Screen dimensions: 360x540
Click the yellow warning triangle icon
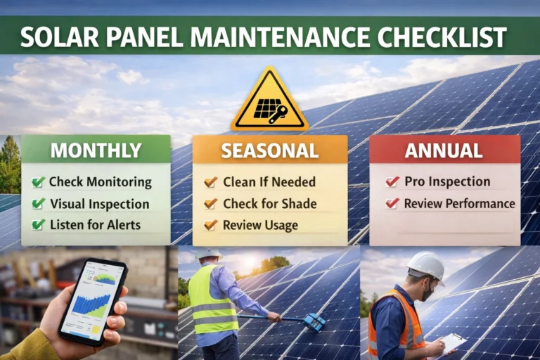click(x=269, y=102)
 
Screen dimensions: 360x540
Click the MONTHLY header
click(x=96, y=150)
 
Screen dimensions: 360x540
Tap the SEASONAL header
click(x=269, y=150)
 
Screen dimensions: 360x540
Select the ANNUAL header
click(x=444, y=150)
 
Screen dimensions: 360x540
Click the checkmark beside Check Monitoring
click(x=39, y=182)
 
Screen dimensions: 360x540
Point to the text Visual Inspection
click(x=99, y=204)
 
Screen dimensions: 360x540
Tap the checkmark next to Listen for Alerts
click(x=39, y=226)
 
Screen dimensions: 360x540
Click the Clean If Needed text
click(x=269, y=182)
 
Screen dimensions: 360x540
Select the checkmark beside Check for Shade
click(x=210, y=204)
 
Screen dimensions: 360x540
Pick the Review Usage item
click(x=260, y=226)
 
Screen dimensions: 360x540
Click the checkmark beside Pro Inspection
click(x=392, y=182)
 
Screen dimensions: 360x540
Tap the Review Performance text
click(x=459, y=204)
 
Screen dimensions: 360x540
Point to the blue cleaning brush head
click(x=314, y=322)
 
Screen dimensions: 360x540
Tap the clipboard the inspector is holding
click(x=451, y=342)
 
